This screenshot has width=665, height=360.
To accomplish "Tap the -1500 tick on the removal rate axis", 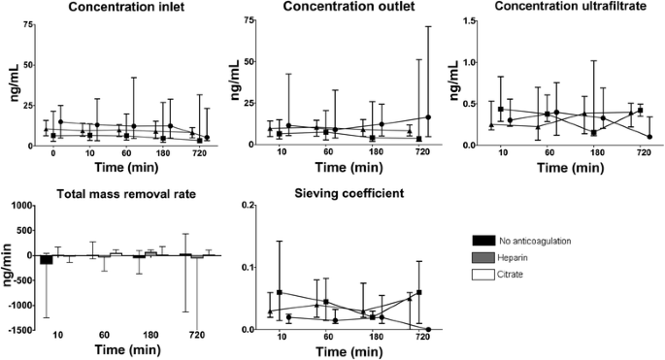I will (20, 330).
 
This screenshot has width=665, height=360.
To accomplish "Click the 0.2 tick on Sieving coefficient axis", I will (249, 205).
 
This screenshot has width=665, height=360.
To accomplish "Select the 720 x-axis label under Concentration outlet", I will (423, 153).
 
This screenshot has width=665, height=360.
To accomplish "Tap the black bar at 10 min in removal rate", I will (46, 259).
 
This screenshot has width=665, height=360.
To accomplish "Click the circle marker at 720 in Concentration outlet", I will (428, 117).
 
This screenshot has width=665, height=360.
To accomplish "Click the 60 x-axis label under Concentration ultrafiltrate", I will (549, 153).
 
